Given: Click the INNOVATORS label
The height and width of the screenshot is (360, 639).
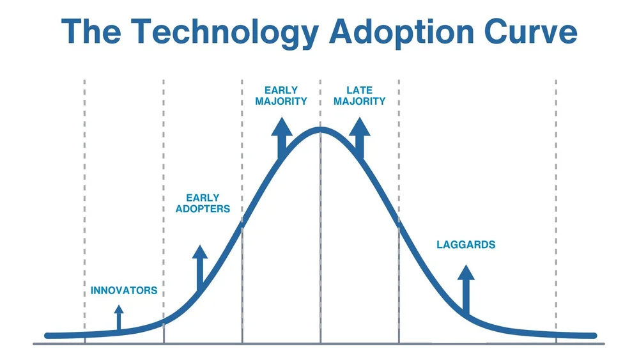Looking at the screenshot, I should (x=124, y=290).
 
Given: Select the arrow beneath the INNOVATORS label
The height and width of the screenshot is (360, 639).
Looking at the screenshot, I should (x=118, y=317).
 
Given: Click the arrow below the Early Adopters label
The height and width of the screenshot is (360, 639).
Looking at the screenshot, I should (x=200, y=265).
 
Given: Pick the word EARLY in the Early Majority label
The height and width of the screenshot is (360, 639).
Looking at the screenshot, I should (x=281, y=91).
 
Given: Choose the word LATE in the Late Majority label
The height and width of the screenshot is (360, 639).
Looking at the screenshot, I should (x=359, y=91).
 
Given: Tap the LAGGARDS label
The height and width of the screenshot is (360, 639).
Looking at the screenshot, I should (x=466, y=245).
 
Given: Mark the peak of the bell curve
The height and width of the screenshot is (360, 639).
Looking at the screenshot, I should (x=321, y=129).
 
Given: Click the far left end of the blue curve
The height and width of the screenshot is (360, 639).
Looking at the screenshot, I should (x=48, y=335).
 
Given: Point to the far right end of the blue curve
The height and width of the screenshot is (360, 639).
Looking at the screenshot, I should (x=594, y=335).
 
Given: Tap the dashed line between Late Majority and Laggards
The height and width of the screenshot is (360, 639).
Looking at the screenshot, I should (x=399, y=160).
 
